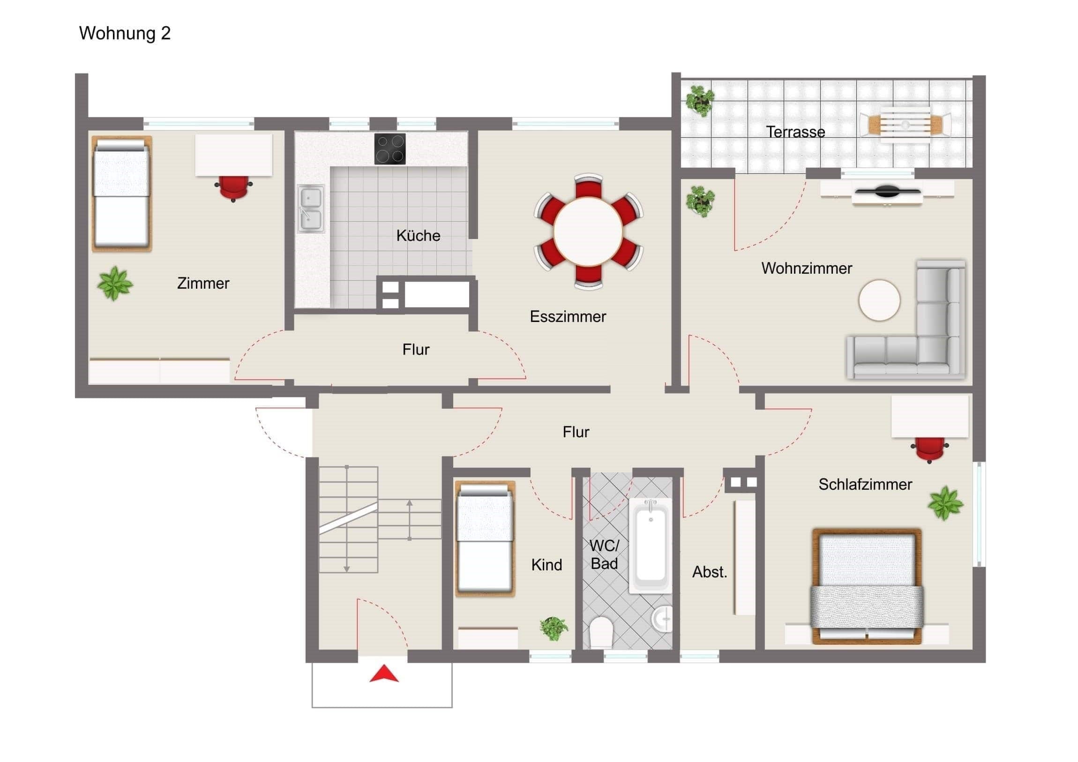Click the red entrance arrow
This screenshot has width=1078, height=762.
384,674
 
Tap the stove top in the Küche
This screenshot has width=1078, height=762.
389,149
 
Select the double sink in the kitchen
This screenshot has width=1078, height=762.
310,209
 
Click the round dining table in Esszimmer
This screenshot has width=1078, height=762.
588,232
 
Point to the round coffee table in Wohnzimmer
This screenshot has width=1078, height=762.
879,300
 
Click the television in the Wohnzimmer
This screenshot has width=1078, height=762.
886,191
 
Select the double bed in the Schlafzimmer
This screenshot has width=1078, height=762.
867,586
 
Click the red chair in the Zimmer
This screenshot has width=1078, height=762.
234,188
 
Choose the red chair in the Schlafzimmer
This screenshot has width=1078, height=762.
929,450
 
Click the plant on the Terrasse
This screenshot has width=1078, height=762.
700,100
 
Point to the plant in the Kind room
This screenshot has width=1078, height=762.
554,628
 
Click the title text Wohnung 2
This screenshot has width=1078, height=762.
125,33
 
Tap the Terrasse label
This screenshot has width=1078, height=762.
795,132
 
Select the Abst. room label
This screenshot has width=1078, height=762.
710,572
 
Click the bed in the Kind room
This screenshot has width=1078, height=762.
485,539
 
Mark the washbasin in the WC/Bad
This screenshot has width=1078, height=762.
662,618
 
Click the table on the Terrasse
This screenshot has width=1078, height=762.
905,125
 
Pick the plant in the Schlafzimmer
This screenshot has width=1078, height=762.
946,503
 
